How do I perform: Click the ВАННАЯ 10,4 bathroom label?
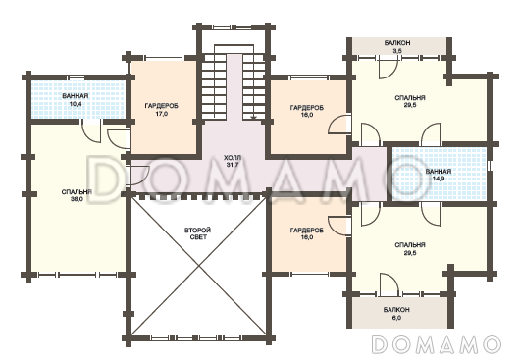click(x=76, y=99)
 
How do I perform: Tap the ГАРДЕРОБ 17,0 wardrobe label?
click(x=162, y=110)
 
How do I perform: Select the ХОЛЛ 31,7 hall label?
click(x=233, y=161)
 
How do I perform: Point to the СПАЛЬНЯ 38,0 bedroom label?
click(x=77, y=195)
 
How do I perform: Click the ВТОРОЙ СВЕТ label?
click(x=197, y=233)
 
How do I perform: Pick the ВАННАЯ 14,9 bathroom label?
click(x=439, y=175)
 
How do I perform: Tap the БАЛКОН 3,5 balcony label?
click(x=397, y=47)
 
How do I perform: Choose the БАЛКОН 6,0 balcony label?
click(x=397, y=313)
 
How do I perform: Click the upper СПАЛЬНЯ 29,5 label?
click(x=410, y=101)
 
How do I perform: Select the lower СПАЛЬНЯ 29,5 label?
click(x=410, y=249)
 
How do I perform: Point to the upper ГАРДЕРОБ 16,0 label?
click(x=307, y=111)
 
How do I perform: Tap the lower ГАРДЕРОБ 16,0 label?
click(x=307, y=233)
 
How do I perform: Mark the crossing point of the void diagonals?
click(x=199, y=265)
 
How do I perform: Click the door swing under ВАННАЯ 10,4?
click(x=91, y=132)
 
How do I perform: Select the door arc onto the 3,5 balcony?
click(x=388, y=69)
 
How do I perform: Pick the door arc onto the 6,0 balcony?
click(x=389, y=283)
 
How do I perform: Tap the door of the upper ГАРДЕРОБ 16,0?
click(x=339, y=125)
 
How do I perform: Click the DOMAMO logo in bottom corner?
click(x=436, y=344)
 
